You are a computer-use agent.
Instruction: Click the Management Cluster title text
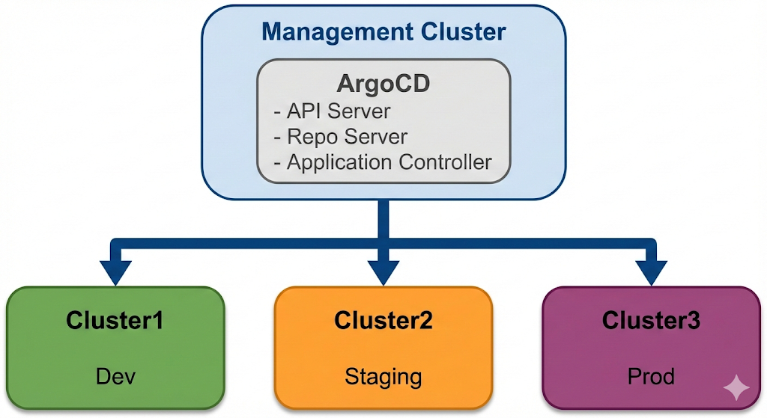[x=383, y=32]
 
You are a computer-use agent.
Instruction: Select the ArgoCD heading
[x=383, y=84]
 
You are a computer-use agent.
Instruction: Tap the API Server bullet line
[x=333, y=112]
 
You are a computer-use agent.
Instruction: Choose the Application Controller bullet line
[x=382, y=162]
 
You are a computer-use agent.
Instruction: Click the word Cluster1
[x=115, y=321]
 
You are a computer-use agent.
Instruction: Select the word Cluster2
[x=383, y=321]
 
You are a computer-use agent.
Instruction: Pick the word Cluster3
[x=651, y=321]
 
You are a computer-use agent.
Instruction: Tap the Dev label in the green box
[x=115, y=376]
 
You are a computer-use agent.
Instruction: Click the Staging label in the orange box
[x=383, y=376]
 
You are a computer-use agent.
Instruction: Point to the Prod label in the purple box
[x=651, y=376]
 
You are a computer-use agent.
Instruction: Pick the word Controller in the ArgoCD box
[x=451, y=162]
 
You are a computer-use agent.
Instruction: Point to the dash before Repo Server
[x=278, y=138]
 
